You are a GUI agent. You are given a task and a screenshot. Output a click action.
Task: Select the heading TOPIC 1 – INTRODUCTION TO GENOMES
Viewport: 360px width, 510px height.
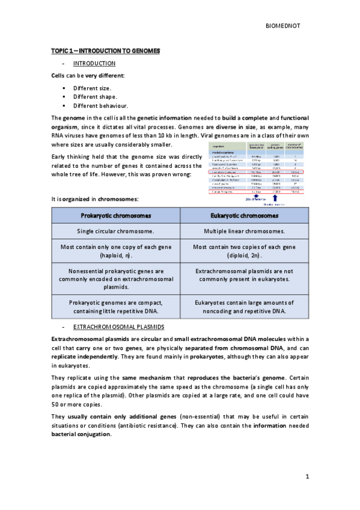(105, 51)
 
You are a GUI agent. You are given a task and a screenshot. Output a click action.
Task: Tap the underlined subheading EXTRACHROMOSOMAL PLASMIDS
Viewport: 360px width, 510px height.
(118, 327)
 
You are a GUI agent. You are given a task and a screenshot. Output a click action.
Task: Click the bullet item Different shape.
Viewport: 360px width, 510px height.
(95, 96)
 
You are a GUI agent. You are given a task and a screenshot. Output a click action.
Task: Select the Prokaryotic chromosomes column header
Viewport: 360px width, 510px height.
(115, 215)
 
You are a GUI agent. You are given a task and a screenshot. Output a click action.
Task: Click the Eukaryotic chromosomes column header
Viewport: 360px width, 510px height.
(244, 215)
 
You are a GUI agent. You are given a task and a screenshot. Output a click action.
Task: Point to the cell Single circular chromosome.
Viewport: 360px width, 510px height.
(115, 231)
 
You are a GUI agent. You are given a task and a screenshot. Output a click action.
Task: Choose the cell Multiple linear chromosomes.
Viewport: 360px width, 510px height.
(244, 231)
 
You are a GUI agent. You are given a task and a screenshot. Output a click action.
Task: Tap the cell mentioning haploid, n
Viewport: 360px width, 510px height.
(115, 251)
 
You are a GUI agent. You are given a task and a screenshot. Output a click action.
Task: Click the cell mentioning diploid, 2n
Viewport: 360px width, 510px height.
(244, 251)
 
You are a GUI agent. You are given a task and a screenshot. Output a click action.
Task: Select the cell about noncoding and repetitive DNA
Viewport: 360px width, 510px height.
(244, 307)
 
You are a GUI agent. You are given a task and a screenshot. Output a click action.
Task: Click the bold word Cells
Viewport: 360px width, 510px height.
(60, 75)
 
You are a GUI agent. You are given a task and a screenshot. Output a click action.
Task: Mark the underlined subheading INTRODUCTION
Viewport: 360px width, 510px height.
(94, 63)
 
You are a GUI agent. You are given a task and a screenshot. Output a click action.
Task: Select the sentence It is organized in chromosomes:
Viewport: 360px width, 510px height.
(95, 198)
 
